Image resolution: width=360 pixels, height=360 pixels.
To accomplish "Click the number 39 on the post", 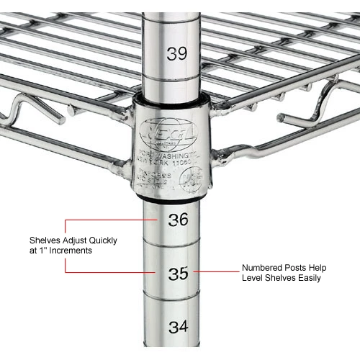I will point(177,53).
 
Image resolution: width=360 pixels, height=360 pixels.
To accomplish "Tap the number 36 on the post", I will point(178,219).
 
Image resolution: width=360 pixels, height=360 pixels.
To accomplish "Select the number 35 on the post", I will point(178,273).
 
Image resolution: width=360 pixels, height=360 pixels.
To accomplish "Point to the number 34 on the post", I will point(178,326).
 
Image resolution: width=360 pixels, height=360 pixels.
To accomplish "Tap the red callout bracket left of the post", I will point(67,246).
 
